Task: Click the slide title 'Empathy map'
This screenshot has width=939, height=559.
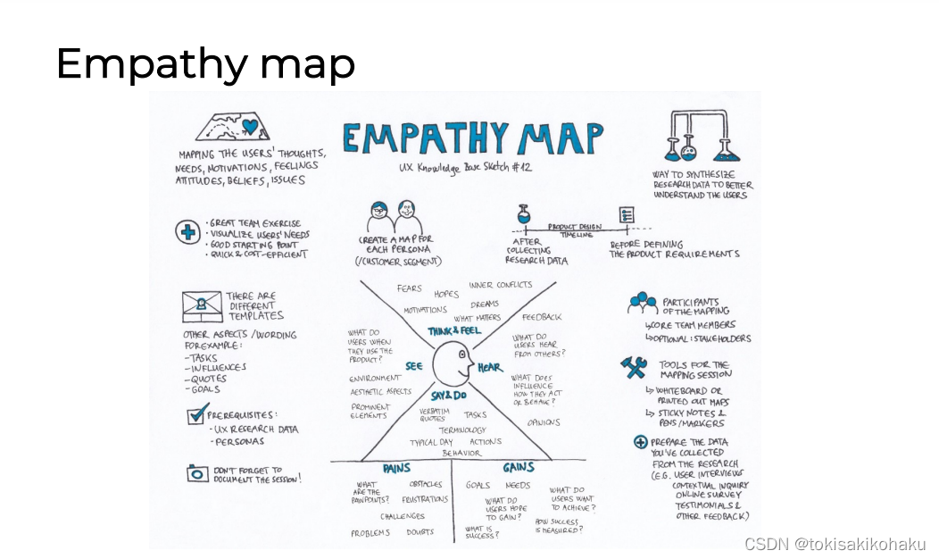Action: pos(205,64)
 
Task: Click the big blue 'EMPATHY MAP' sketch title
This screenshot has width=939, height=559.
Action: pos(472,138)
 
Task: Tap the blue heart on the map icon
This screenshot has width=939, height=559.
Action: pos(250,127)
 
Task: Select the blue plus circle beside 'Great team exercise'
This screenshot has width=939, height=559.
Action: pos(187,232)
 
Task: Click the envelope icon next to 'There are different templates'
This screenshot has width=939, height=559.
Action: pos(202,306)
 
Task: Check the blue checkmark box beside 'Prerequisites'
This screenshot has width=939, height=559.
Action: pos(197,414)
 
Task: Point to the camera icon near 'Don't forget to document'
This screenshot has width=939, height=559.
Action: pos(197,473)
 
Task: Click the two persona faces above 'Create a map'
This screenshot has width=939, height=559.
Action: pos(394,217)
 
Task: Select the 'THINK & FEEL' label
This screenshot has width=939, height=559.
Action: pos(455,331)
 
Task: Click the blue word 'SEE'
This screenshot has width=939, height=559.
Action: pos(414,366)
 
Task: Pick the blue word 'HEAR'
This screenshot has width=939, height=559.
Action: pos(490,367)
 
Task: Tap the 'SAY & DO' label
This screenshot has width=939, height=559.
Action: pos(450,395)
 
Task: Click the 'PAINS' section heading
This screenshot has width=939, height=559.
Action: pos(396,468)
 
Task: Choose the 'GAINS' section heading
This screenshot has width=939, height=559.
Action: pos(519,468)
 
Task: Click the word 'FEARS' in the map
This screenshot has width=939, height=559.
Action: pos(410,288)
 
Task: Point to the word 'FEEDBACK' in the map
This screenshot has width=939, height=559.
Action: pos(542,317)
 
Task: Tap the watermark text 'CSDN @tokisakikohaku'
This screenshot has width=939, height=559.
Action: pos(835,544)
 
